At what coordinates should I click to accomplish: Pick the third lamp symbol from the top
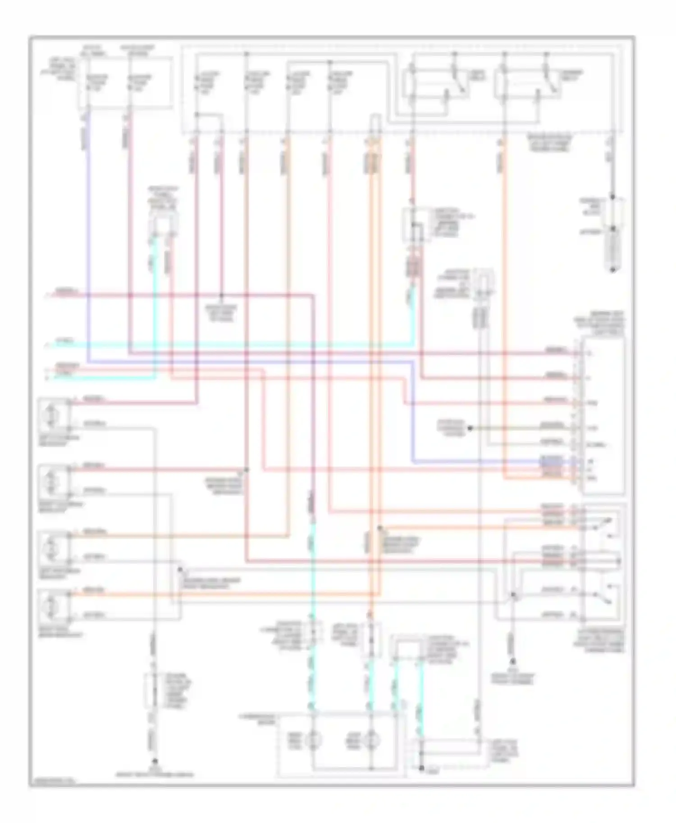[50, 548]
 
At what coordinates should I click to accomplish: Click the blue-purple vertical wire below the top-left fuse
[87, 225]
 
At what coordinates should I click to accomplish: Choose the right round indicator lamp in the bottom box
[372, 740]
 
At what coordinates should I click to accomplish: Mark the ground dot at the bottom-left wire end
[154, 762]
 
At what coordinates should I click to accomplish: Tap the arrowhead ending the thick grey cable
[612, 270]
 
